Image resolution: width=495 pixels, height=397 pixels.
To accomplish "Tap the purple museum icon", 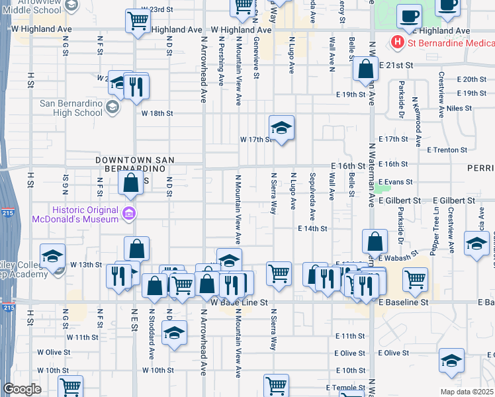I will coord(129,213).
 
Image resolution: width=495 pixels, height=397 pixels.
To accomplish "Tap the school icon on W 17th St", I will coord(281,128).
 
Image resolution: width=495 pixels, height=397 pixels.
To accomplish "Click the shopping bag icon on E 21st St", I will coord(365,68).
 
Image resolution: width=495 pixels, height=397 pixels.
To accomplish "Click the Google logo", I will coord(21,389).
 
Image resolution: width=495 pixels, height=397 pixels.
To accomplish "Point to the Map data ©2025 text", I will coord(467,392).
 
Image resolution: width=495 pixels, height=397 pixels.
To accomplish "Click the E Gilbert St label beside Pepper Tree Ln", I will coord(455,200).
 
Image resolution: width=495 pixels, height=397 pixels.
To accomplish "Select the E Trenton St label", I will coord(447,150).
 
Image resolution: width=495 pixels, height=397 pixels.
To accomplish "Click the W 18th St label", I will coord(157,113).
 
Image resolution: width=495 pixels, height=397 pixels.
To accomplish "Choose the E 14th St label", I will coord(313,228).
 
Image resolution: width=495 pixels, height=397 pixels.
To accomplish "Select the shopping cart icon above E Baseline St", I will coord(415,279).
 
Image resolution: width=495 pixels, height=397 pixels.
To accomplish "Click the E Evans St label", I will coord(396,182).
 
